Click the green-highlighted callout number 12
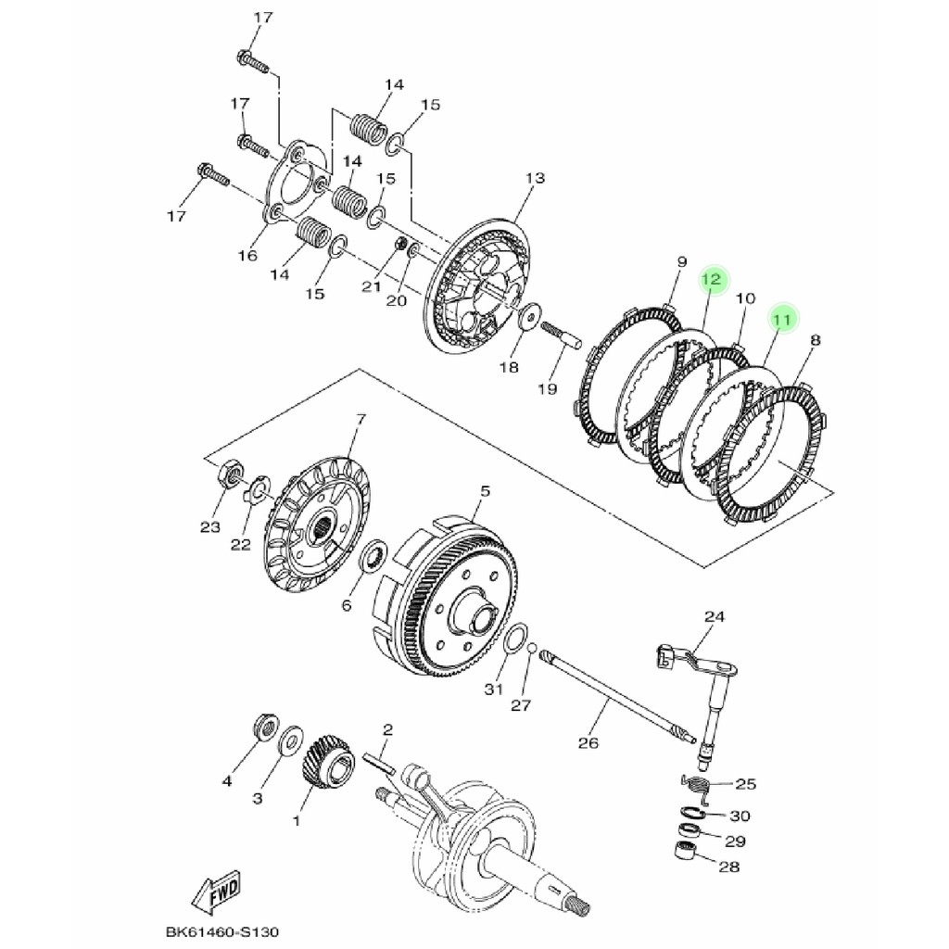click(x=713, y=280)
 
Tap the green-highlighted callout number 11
click(x=782, y=320)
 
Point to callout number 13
click(x=535, y=179)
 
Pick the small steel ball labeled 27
click(x=530, y=648)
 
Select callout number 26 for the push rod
click(x=588, y=742)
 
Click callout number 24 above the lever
click(x=715, y=616)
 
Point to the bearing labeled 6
click(x=374, y=555)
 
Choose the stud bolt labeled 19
click(x=560, y=336)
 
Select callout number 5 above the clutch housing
click(x=485, y=491)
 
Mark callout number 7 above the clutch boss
click(x=361, y=419)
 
